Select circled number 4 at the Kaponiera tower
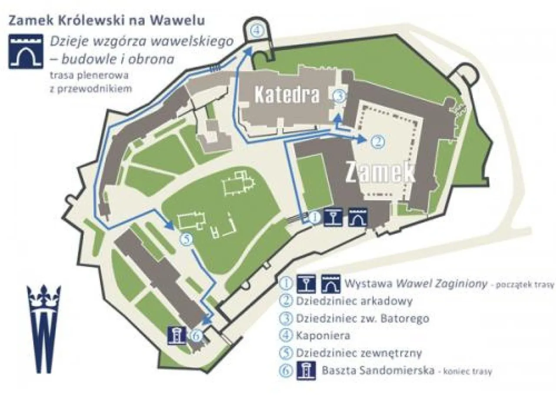click(258, 31)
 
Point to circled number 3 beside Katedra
click(340, 96)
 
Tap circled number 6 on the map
click(196, 335)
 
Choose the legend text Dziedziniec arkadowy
click(354, 301)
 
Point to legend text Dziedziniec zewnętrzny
click(358, 353)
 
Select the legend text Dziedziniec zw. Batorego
click(362, 318)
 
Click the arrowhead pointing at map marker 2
click(361, 139)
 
